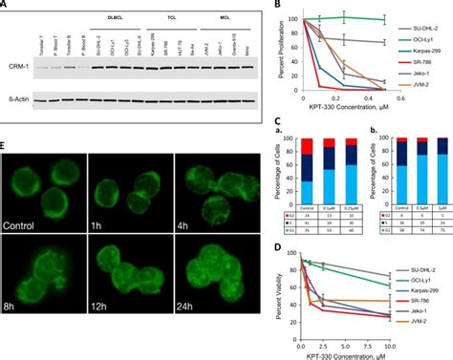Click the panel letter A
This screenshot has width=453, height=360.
pyautogui.click(x=7, y=8)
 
